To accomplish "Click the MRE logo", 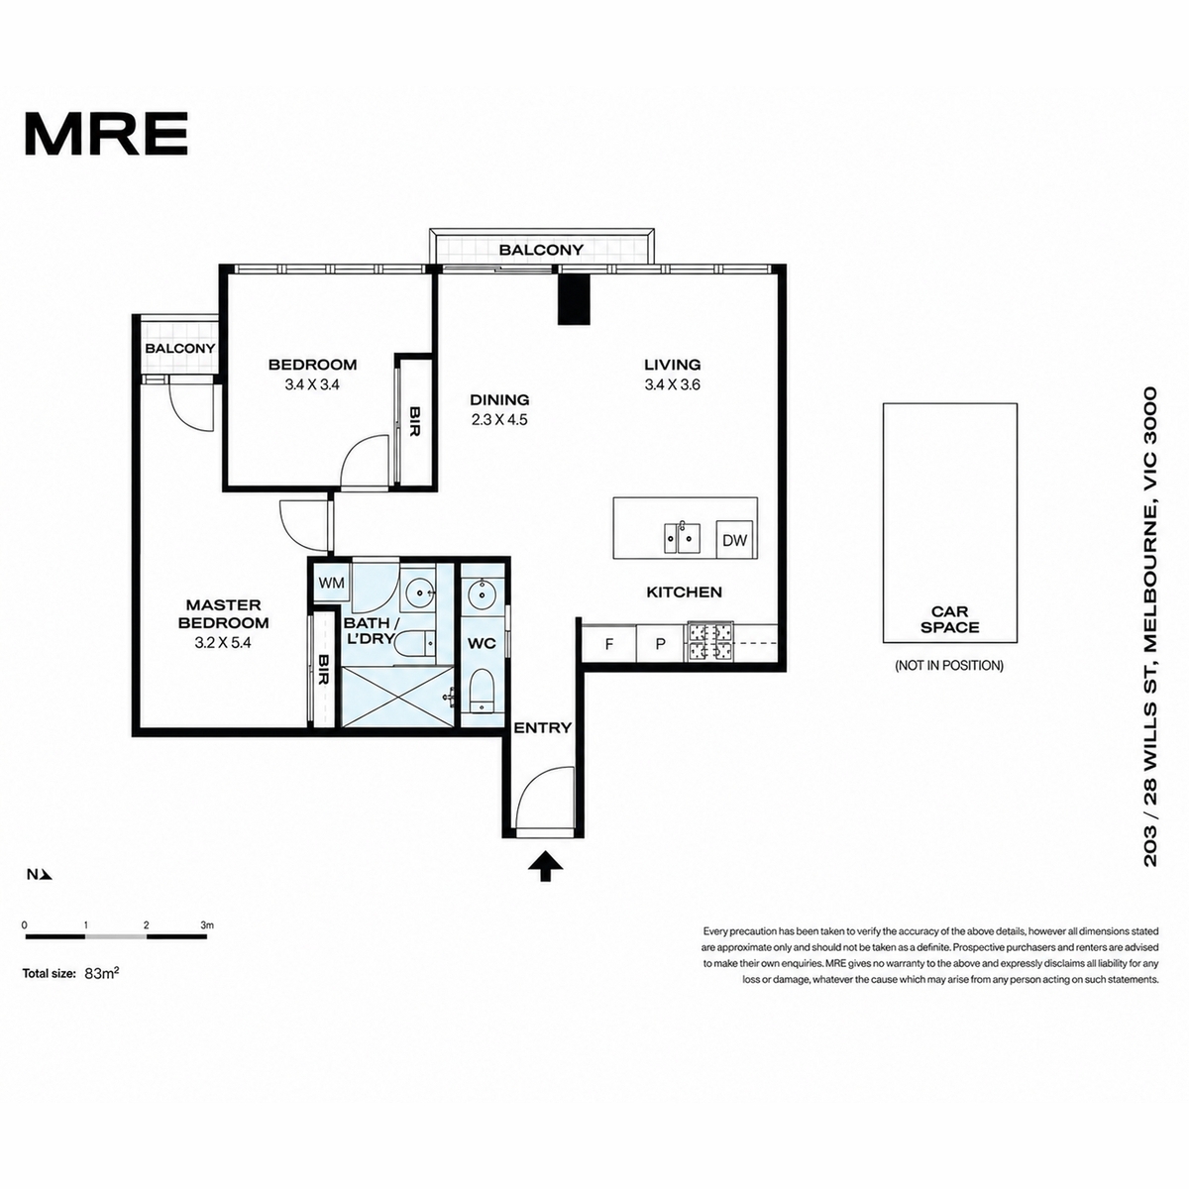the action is pos(106,134).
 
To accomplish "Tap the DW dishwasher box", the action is pos(734,540).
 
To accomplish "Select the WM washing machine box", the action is pos(331,583).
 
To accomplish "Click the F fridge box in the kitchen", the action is pos(609,644).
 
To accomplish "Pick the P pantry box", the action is pos(660,644).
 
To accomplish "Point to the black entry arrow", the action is pos(545,866).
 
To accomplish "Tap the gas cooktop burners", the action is pos(709,642).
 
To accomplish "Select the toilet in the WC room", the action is pos(482,694).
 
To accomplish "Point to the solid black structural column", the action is pos(574,299).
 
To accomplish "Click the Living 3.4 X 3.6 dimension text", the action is pos(673,384).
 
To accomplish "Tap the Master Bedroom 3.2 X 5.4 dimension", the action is pos(223,642).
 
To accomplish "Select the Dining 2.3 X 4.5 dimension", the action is pos(499,419).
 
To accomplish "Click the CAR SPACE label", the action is pos(949,619).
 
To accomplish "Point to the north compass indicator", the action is pos(40,874).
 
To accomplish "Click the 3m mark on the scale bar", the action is pos(207,924).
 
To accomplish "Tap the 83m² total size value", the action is pos(101,973).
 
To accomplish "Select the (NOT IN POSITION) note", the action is pos(949,665).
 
